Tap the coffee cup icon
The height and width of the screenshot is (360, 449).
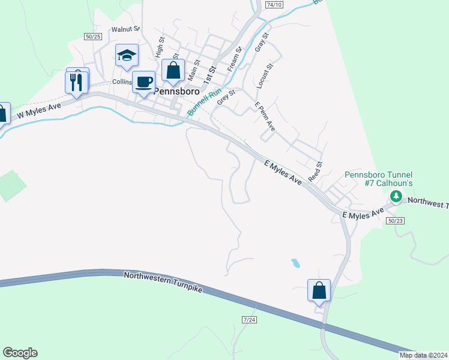[x=144, y=82]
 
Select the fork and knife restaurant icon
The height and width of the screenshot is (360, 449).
[x=76, y=82]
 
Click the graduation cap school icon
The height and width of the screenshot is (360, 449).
[x=127, y=55]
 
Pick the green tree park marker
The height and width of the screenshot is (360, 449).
[x=396, y=196]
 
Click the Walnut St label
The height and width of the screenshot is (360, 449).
[x=125, y=29]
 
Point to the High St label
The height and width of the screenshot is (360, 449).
[x=160, y=47]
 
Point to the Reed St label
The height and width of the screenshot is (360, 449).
[x=315, y=172]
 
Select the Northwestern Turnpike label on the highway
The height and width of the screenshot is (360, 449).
[x=163, y=281]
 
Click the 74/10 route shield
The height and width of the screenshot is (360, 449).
[x=274, y=4]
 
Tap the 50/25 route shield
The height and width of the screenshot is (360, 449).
[x=93, y=37]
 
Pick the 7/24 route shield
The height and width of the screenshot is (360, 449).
[x=250, y=320]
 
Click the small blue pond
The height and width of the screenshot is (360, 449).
[x=295, y=263]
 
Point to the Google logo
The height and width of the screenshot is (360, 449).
[x=20, y=353]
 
